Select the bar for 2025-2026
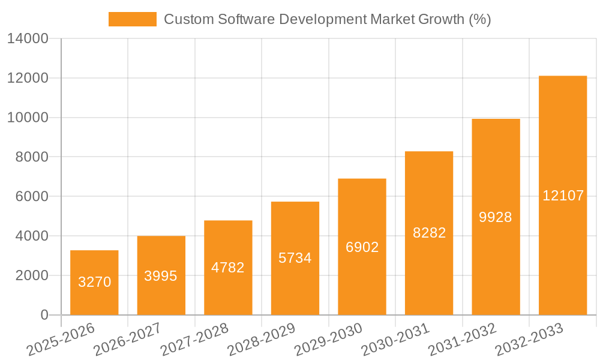(94, 283)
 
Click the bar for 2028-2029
(295, 258)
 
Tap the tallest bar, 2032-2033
(563, 195)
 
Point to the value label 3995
(161, 276)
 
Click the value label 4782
(228, 268)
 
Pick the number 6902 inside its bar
(362, 247)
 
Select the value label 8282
(429, 233)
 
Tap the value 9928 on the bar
(496, 217)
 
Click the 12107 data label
(563, 196)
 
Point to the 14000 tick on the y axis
(28, 39)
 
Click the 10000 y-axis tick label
(28, 118)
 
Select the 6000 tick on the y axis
(31, 197)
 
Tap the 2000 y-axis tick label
(31, 276)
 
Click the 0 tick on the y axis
(44, 315)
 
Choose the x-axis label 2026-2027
(127, 340)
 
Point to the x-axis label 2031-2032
(463, 340)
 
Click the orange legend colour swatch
(132, 19)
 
